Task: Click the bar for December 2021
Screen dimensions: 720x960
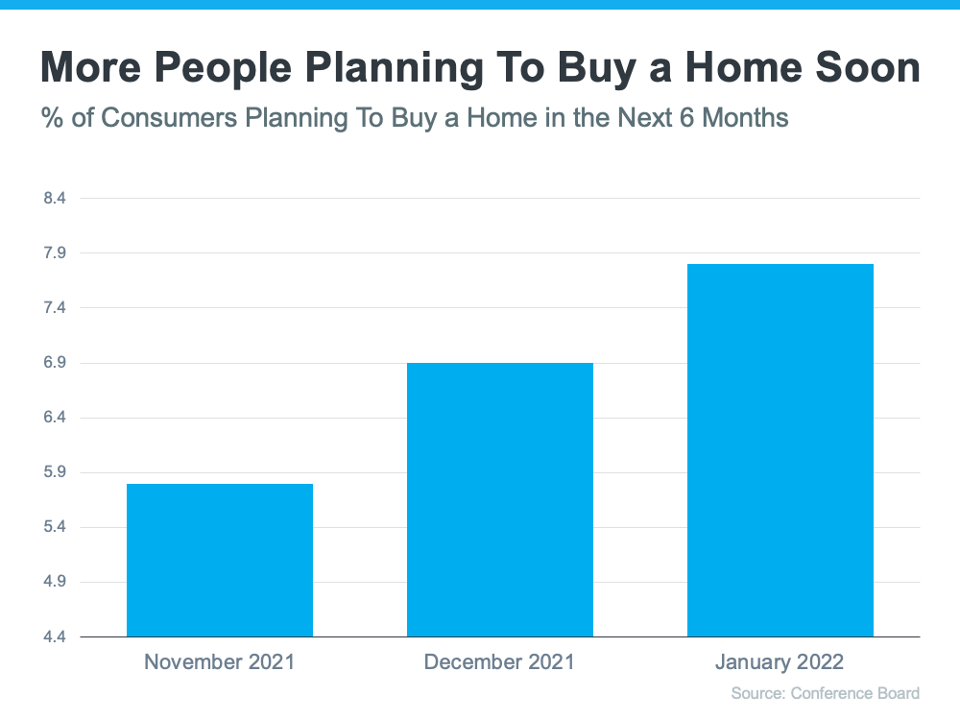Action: (500, 499)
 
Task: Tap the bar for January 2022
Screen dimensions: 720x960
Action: (780, 450)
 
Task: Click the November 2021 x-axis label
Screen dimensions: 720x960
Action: (220, 662)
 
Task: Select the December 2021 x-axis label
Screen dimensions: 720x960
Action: (499, 662)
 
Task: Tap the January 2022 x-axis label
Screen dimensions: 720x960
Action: (780, 662)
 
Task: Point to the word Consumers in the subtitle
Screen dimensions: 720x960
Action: (170, 118)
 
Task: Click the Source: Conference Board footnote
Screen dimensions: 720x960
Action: (825, 693)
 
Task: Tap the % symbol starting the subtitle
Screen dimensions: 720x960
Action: (51, 118)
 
